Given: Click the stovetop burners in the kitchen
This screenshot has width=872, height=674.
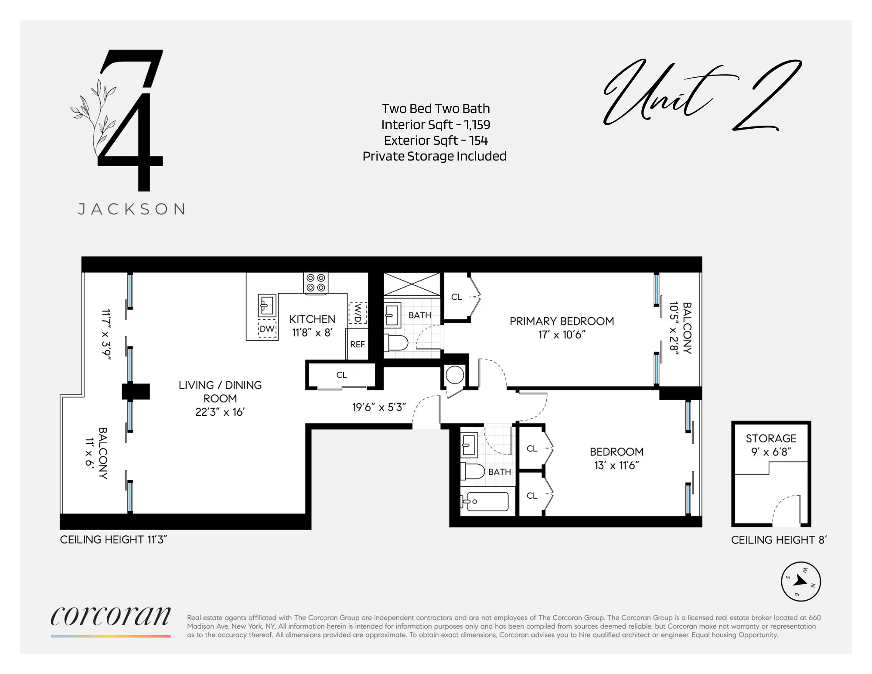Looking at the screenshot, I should click(316, 283).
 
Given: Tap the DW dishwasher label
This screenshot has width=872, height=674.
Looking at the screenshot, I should click(267, 329).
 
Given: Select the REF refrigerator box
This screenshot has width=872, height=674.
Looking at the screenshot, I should click(358, 344).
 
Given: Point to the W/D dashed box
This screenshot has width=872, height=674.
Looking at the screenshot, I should click(358, 313).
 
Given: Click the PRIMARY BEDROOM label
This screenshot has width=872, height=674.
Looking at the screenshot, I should click(562, 321).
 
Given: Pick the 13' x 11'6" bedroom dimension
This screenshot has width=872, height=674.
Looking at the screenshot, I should click(617, 465).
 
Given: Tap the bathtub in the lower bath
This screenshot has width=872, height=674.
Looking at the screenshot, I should click(486, 502).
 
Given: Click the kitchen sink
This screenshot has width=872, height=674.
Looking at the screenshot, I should click(267, 305).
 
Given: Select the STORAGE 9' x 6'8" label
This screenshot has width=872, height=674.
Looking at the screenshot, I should click(771, 445).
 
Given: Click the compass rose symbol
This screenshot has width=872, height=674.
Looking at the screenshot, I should click(800, 581).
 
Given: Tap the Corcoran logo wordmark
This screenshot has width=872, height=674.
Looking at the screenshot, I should click(111, 616).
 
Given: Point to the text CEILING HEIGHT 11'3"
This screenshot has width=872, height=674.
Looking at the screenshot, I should click(113, 540).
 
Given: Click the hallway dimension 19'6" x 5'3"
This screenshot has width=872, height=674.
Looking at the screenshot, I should click(379, 407).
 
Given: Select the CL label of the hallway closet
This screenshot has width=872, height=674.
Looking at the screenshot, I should click(341, 375).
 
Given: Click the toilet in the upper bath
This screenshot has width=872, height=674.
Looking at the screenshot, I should click(397, 343).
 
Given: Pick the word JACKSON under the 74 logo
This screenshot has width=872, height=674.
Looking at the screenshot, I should click(132, 209).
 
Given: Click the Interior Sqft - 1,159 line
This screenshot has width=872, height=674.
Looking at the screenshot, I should click(435, 125).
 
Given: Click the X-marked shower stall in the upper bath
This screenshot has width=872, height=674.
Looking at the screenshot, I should click(412, 284).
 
